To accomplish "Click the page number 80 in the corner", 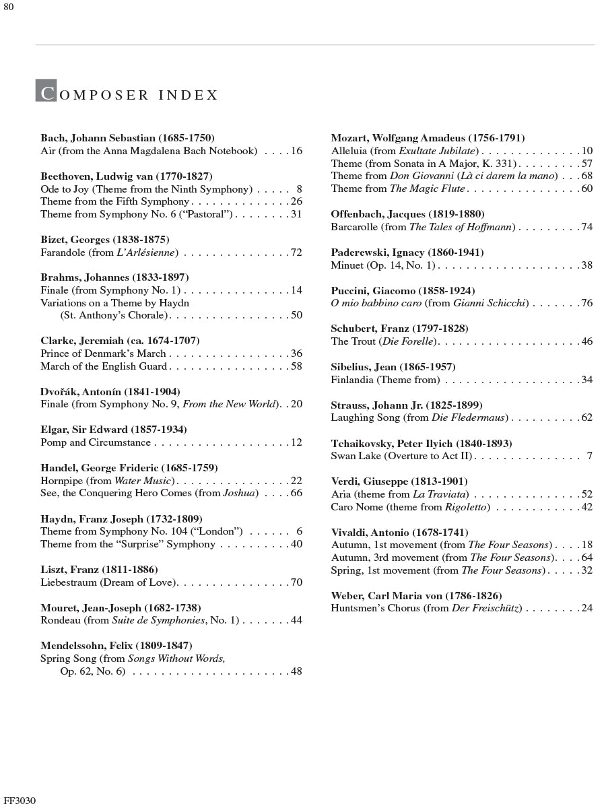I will coord(8,7).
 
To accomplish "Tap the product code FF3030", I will coord(19,801).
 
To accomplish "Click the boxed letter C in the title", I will coord(46,92).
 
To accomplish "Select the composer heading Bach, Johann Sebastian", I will coord(127,138).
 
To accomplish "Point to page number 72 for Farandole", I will coord(296,252).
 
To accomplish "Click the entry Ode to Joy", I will coord(146,189).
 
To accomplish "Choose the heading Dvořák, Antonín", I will coord(110,391).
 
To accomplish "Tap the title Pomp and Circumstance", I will coord(96,442).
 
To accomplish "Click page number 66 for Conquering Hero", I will coord(296,493).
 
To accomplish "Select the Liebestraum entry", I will coord(108,582).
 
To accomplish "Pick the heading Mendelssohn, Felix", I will coord(116,646).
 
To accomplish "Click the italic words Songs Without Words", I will coord(176,659).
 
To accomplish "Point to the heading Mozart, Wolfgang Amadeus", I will coord(428,138).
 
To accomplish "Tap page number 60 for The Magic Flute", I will coord(586,189).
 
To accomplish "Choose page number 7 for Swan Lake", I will coord(589,456).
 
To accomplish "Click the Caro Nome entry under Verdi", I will coord(410,507).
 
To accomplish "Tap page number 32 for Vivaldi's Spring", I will coord(586,570).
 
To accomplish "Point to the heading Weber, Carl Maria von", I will coord(416,596).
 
